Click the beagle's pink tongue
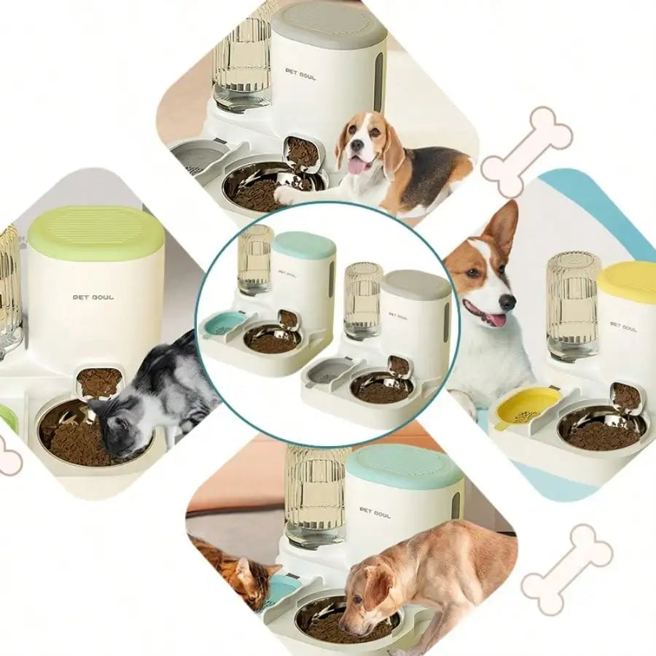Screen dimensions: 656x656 pyautogui.click(x=358, y=166)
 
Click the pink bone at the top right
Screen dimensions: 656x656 pyautogui.click(x=527, y=152)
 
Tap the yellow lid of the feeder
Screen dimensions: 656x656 pyautogui.click(x=628, y=282)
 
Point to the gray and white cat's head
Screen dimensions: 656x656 pyautogui.click(x=117, y=430)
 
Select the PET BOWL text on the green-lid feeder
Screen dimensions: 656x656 pyautogui.click(x=93, y=297)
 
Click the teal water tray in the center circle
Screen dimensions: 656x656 pyautogui.click(x=224, y=323)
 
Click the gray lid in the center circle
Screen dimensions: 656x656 pyautogui.click(x=416, y=284)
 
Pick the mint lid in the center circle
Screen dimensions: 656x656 pyautogui.click(x=305, y=245)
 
